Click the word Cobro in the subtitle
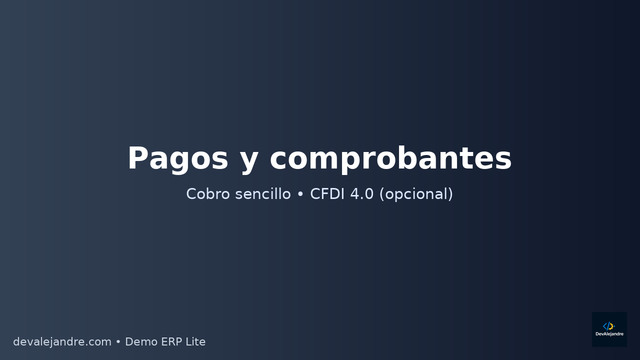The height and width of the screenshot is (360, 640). coord(205,194)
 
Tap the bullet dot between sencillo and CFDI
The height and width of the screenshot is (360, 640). coord(300,194)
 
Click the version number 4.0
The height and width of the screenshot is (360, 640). coord(361,194)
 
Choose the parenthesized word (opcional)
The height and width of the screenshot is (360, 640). coord(416,194)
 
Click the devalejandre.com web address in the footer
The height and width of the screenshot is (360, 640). coord(62,342)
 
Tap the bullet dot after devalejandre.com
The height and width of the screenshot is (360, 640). coord(118,342)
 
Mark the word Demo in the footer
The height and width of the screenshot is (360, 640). coord(140,342)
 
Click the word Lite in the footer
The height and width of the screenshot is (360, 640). coord(196,342)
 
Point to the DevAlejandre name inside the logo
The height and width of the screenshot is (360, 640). coord(609,334)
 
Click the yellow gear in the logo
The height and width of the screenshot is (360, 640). coord(611,326)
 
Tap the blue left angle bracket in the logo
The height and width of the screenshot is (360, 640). coord(605,326)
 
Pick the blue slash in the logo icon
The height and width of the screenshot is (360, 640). coord(608,326)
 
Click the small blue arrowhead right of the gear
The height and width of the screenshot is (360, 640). coord(614,326)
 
